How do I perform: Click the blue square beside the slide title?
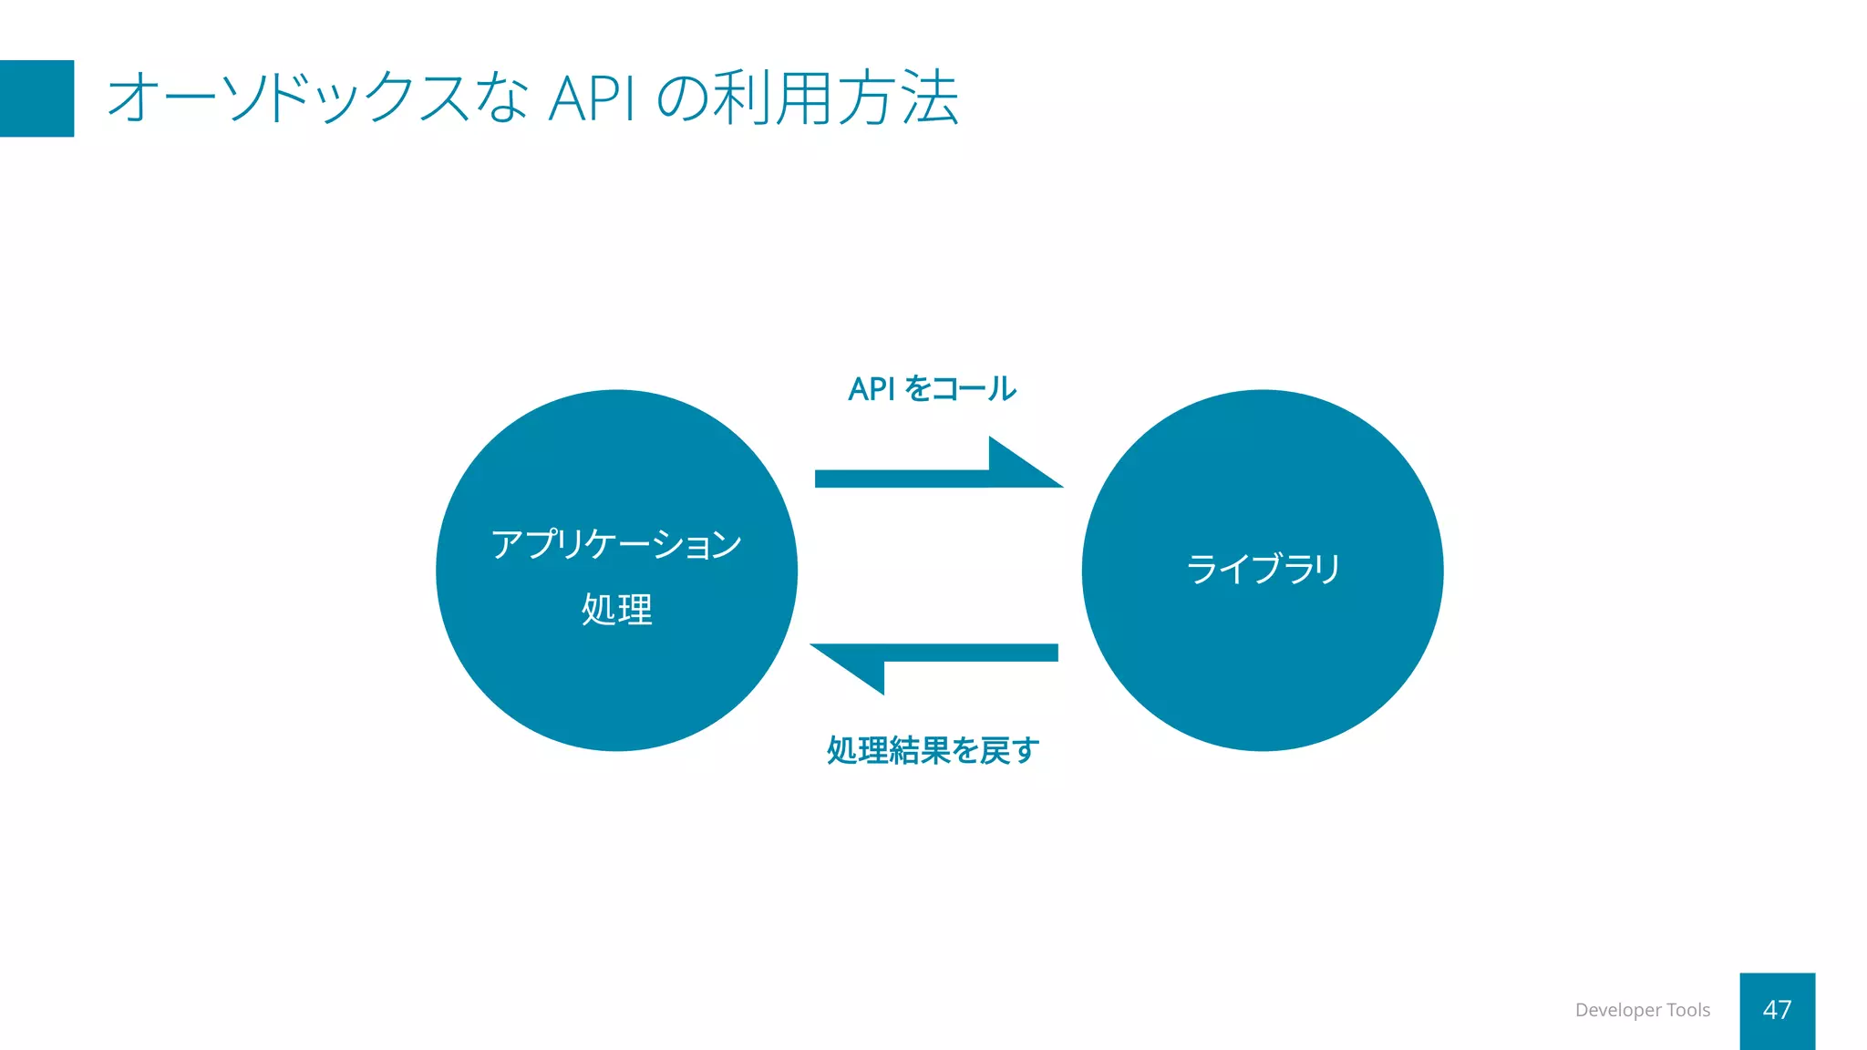point(36,98)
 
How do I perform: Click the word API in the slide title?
point(592,98)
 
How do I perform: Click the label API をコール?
point(932,389)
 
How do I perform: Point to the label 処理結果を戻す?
point(932,751)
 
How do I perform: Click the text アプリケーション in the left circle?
point(616,544)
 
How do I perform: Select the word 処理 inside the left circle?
point(616,609)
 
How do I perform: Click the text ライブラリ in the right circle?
point(1263,570)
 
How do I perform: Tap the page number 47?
point(1777,1010)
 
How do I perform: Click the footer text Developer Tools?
point(1642,1010)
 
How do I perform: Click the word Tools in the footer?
point(1687,1010)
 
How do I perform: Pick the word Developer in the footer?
point(1618,1010)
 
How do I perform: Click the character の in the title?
point(682,98)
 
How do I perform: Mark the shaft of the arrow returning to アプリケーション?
point(971,653)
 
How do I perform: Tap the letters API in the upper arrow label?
point(872,389)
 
